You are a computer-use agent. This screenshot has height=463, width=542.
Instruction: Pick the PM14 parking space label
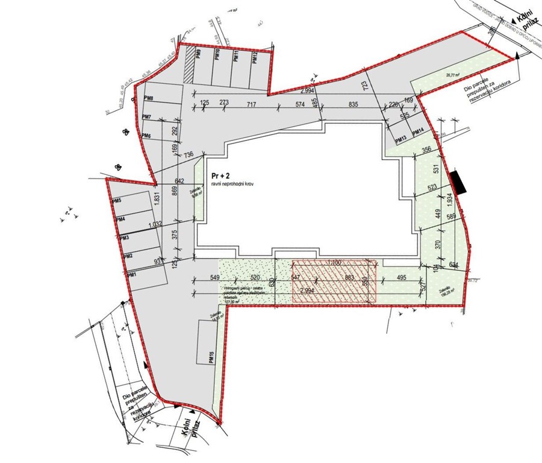418,131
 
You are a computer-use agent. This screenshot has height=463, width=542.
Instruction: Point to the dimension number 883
348,277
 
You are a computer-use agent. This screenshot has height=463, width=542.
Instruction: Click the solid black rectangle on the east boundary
458,183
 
